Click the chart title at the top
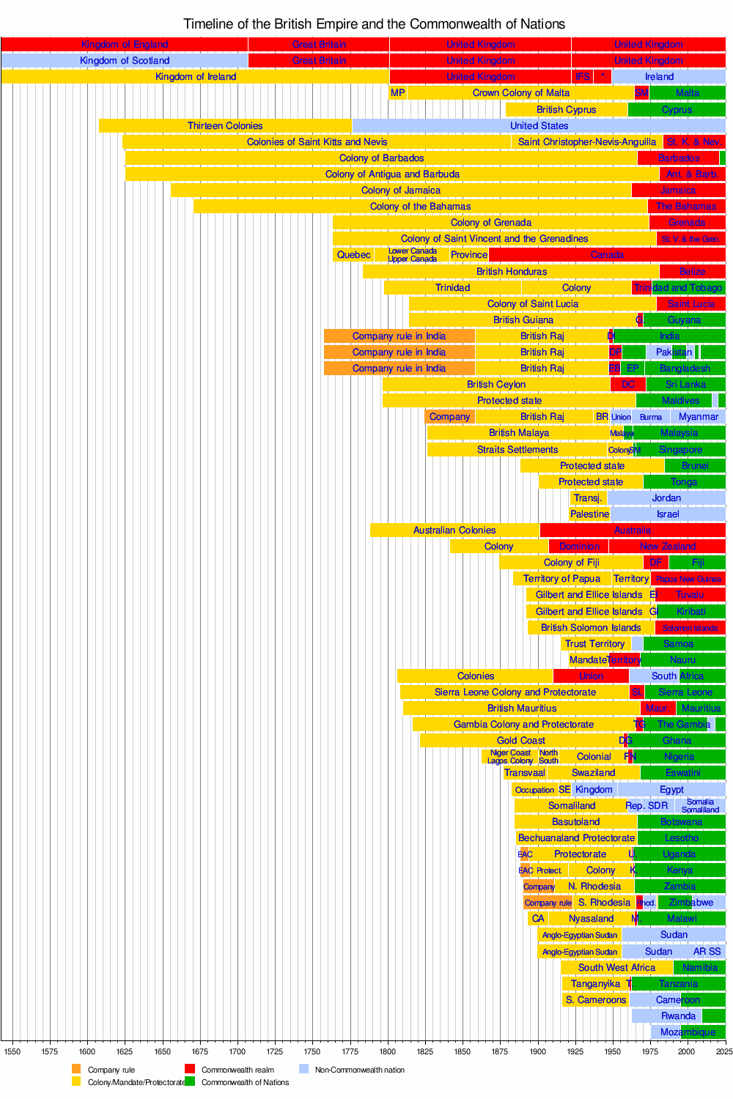(x=374, y=24)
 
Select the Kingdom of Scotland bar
(x=125, y=61)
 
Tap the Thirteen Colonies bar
(x=225, y=126)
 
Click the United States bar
(x=539, y=126)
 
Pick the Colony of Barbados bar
(x=381, y=158)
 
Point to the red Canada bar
(x=607, y=255)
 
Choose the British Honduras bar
(x=511, y=271)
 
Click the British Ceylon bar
(x=496, y=385)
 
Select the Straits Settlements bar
(x=517, y=450)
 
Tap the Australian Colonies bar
(x=454, y=530)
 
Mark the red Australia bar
(x=632, y=530)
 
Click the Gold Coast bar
(x=520, y=741)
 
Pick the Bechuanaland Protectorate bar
(x=576, y=838)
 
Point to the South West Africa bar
(x=616, y=968)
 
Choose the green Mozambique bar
(x=703, y=1032)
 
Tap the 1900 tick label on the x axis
(x=538, y=1052)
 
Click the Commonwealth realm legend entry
(x=237, y=1070)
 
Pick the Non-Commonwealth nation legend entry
(x=359, y=1070)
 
